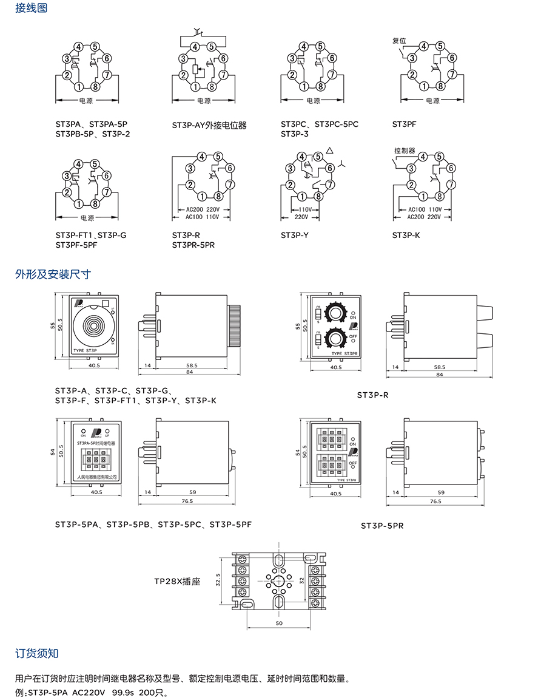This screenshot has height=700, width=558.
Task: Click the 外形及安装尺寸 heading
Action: (53, 274)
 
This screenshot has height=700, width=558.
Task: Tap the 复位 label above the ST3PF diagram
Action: (398, 41)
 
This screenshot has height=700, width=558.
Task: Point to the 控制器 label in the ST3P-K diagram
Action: (404, 150)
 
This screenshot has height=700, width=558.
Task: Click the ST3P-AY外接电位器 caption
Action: (209, 126)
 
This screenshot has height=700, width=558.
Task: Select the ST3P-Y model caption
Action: (295, 235)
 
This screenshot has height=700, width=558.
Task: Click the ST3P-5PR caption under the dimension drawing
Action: (382, 525)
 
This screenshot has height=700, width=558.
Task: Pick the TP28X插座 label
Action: (177, 580)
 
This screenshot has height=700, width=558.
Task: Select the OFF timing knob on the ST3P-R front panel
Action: (335, 338)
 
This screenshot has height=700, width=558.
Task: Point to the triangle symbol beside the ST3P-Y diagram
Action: (329, 151)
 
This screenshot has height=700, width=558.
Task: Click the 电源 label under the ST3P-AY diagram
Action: (204, 101)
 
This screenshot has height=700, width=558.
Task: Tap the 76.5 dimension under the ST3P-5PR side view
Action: (435, 501)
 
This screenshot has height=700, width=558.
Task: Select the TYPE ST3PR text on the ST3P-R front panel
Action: (343, 353)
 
